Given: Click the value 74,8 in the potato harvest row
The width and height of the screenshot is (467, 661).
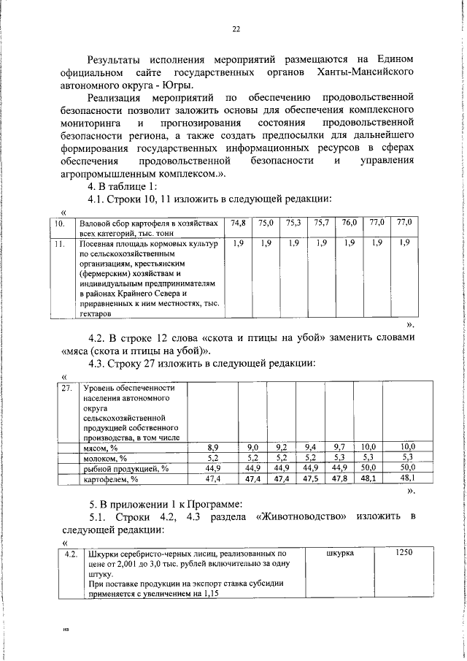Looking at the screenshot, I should point(238,223).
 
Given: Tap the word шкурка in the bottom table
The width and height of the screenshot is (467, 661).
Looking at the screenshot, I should point(339,553).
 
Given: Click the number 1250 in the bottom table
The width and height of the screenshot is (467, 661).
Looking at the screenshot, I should point(404,553).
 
